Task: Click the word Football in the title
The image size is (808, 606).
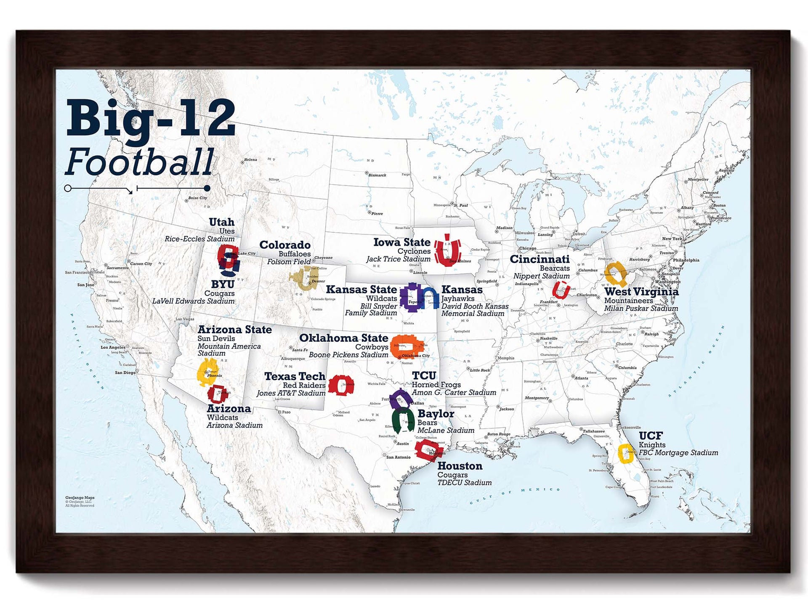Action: [140, 162]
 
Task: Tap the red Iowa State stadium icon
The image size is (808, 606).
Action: [447, 251]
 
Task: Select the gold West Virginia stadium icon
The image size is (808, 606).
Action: [616, 274]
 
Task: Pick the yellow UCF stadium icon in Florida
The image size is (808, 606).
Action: [626, 454]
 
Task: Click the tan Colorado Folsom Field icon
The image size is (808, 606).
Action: [304, 279]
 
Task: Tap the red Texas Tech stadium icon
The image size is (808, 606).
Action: [340, 385]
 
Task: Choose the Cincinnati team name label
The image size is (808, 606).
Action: [540, 259]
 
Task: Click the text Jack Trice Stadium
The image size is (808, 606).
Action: [398, 259]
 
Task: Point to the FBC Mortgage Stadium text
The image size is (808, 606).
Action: [678, 453]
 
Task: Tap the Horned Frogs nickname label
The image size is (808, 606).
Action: [436, 385]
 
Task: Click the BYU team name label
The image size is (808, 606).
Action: [222, 284]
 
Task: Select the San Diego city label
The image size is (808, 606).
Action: [125, 372]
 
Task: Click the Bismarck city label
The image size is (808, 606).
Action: [377, 175]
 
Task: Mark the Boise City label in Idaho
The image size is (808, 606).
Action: [197, 198]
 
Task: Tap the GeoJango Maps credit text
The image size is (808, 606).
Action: [80, 497]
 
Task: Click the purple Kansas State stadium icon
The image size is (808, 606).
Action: [410, 297]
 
